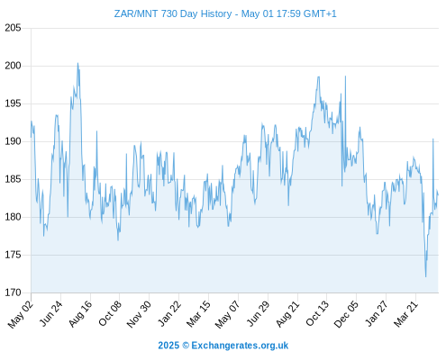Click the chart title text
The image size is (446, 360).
point(225,13)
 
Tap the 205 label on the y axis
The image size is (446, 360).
point(13,28)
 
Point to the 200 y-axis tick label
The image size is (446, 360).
point(13,66)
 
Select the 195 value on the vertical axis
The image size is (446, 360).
point(13,103)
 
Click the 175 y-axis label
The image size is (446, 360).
point(13,255)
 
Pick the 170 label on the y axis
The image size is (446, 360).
point(13,292)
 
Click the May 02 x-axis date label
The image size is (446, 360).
point(21,314)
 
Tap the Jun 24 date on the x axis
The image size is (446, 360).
point(50,313)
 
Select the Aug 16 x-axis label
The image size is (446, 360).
point(80,314)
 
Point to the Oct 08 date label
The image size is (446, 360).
point(110,313)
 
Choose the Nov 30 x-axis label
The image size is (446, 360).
point(138,314)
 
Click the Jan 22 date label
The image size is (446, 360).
point(169,313)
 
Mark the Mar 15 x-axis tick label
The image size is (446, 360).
point(198,314)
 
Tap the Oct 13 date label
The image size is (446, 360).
point(317,313)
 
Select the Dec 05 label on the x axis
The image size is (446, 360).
point(346,314)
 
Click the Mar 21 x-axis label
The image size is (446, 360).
point(405,314)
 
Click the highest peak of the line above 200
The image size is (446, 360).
point(77,63)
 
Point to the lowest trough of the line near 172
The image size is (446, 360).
point(425,276)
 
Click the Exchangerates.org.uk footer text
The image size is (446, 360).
point(240,346)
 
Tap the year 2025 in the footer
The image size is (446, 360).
point(168,346)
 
